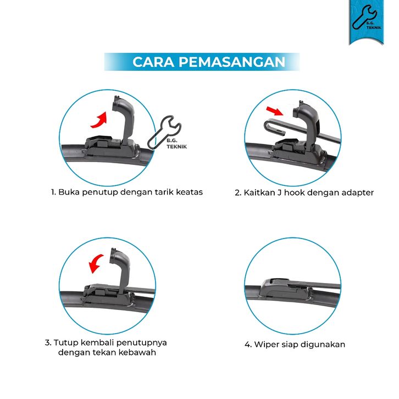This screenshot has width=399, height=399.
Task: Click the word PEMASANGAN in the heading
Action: pyautogui.click(x=232, y=62)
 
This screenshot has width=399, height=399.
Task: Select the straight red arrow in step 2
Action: pyautogui.click(x=274, y=111)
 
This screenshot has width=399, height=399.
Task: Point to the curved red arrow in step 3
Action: pyautogui.click(x=96, y=264)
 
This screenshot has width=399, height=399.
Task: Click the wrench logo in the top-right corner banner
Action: pyautogui.click(x=363, y=17)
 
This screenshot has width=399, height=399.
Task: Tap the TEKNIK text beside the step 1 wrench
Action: pyautogui.click(x=176, y=147)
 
